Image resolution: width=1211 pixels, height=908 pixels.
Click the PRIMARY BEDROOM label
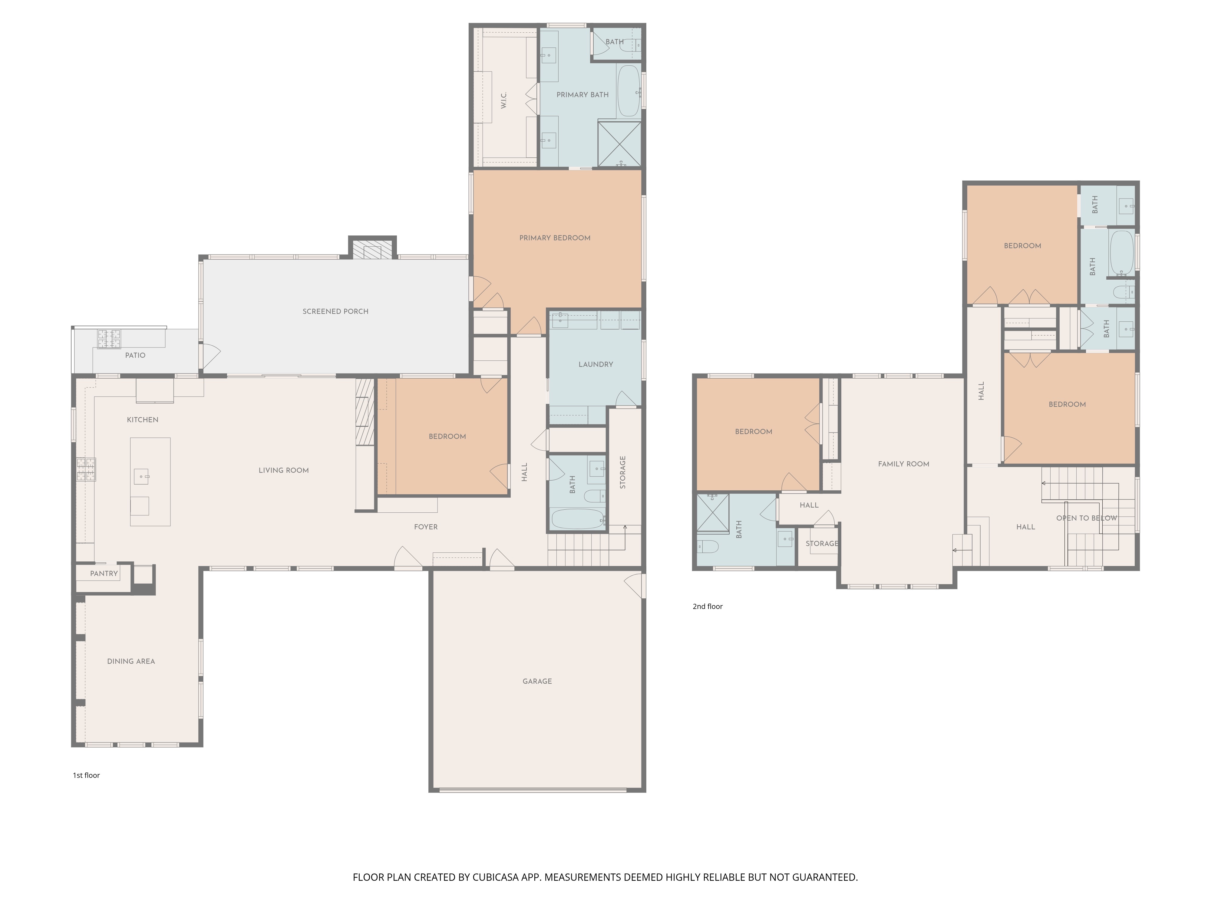tap(555, 238)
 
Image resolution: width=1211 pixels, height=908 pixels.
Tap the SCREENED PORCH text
tap(335, 311)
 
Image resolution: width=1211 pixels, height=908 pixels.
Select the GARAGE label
tap(537, 681)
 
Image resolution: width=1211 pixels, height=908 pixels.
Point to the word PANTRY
tap(104, 574)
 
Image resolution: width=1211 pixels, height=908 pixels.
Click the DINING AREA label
tap(131, 661)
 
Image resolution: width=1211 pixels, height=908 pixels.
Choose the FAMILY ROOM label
tap(903, 464)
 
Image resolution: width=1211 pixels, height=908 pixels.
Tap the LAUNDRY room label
tap(596, 364)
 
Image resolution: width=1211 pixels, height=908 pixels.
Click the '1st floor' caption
tap(87, 775)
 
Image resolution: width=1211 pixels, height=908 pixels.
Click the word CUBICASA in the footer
tap(495, 877)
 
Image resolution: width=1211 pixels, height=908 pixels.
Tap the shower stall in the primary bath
tap(619, 144)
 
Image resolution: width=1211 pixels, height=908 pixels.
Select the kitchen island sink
tap(141, 477)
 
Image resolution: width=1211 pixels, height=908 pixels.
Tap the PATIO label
tap(135, 355)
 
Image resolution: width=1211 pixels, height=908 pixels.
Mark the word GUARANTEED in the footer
tap(824, 877)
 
